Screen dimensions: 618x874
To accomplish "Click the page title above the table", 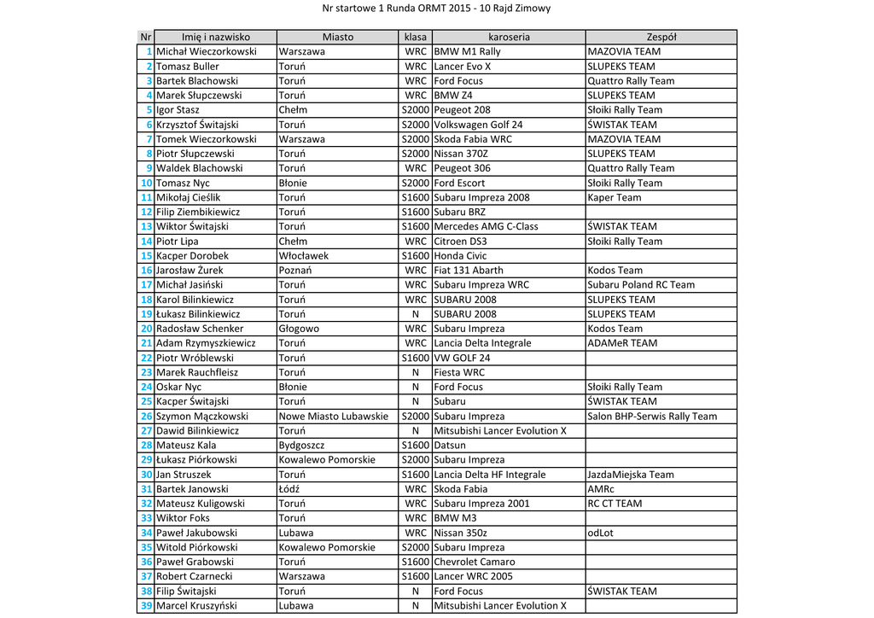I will coord(436,9).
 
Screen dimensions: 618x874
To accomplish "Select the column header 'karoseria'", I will coord(509,38).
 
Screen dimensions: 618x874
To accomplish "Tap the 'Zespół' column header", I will coord(661,38).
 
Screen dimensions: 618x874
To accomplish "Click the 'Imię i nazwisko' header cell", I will coord(215,38).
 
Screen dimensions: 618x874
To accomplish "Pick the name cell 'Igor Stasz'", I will coord(178,110).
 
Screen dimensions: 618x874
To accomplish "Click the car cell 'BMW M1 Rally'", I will coord(467,52).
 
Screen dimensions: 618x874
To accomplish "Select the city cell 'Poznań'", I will coord(294,271).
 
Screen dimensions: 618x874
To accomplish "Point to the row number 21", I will coord(146,343).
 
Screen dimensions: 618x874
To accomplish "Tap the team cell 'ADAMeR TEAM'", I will coord(622,343).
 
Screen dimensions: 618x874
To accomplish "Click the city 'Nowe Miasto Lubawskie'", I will coord(333,417).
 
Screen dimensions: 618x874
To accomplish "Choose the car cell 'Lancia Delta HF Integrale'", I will coord(489,475).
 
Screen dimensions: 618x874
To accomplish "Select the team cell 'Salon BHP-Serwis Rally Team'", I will coord(652,417).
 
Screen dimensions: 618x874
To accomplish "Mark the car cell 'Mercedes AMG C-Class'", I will coord(486,227).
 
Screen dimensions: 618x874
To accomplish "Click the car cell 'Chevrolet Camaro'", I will coord(475,562).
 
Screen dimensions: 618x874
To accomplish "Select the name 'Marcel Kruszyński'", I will coord(197,606).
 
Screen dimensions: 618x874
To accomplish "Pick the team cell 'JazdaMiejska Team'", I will coord(630,475).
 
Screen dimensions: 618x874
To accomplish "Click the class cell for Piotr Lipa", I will coord(416,242).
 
